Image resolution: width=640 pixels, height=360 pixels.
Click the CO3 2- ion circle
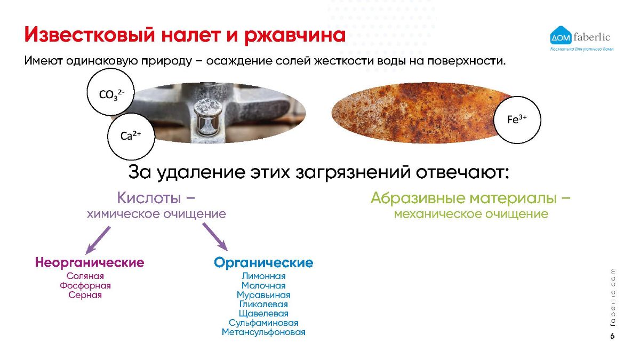point(110,92)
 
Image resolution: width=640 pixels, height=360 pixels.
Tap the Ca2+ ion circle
point(131,137)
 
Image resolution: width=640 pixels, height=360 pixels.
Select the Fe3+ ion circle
point(517,119)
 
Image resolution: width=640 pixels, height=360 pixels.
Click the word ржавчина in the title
point(295,35)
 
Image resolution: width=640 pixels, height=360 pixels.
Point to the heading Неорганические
point(90,262)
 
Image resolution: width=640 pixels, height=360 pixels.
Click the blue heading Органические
point(263,262)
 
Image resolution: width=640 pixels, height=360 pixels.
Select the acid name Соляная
point(85,276)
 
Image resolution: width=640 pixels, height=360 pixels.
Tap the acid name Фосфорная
point(85,285)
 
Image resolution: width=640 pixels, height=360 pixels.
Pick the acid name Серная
point(85,295)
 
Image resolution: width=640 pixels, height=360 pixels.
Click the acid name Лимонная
point(263,276)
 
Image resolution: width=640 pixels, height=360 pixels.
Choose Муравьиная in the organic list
point(263,295)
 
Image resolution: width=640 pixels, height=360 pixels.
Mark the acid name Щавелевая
point(263,314)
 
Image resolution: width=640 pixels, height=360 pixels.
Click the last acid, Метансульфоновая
point(263,332)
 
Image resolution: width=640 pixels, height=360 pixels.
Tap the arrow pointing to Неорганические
point(98,241)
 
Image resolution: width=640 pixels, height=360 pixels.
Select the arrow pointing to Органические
point(215,237)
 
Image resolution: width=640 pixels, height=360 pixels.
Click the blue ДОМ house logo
point(561,36)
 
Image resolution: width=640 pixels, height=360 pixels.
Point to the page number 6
point(612,336)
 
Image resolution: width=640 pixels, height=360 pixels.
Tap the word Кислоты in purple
point(149,198)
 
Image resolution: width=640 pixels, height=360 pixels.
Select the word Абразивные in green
point(418,198)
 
